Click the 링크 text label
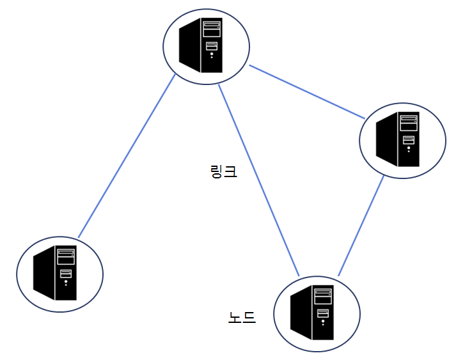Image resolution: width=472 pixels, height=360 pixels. click(x=223, y=171)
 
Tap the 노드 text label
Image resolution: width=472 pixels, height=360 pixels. click(x=242, y=317)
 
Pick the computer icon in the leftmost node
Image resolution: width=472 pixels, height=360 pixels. click(x=56, y=273)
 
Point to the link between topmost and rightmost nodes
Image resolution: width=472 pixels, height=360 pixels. click(x=307, y=92)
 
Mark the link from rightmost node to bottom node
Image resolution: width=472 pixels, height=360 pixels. click(x=361, y=225)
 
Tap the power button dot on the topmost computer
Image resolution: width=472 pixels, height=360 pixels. click(x=212, y=56)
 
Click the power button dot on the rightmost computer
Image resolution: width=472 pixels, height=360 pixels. click(x=409, y=150)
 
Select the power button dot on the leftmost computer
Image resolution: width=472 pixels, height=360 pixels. click(x=66, y=284)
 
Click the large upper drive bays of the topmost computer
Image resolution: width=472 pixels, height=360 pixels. click(x=212, y=29)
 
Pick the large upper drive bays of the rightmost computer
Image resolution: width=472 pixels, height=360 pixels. click(x=409, y=123)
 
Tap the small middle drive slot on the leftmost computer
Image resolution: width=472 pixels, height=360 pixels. click(x=66, y=274)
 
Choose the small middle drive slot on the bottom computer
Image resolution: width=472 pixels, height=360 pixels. click(x=323, y=313)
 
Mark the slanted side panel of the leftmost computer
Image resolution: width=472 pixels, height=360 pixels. click(x=43, y=274)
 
